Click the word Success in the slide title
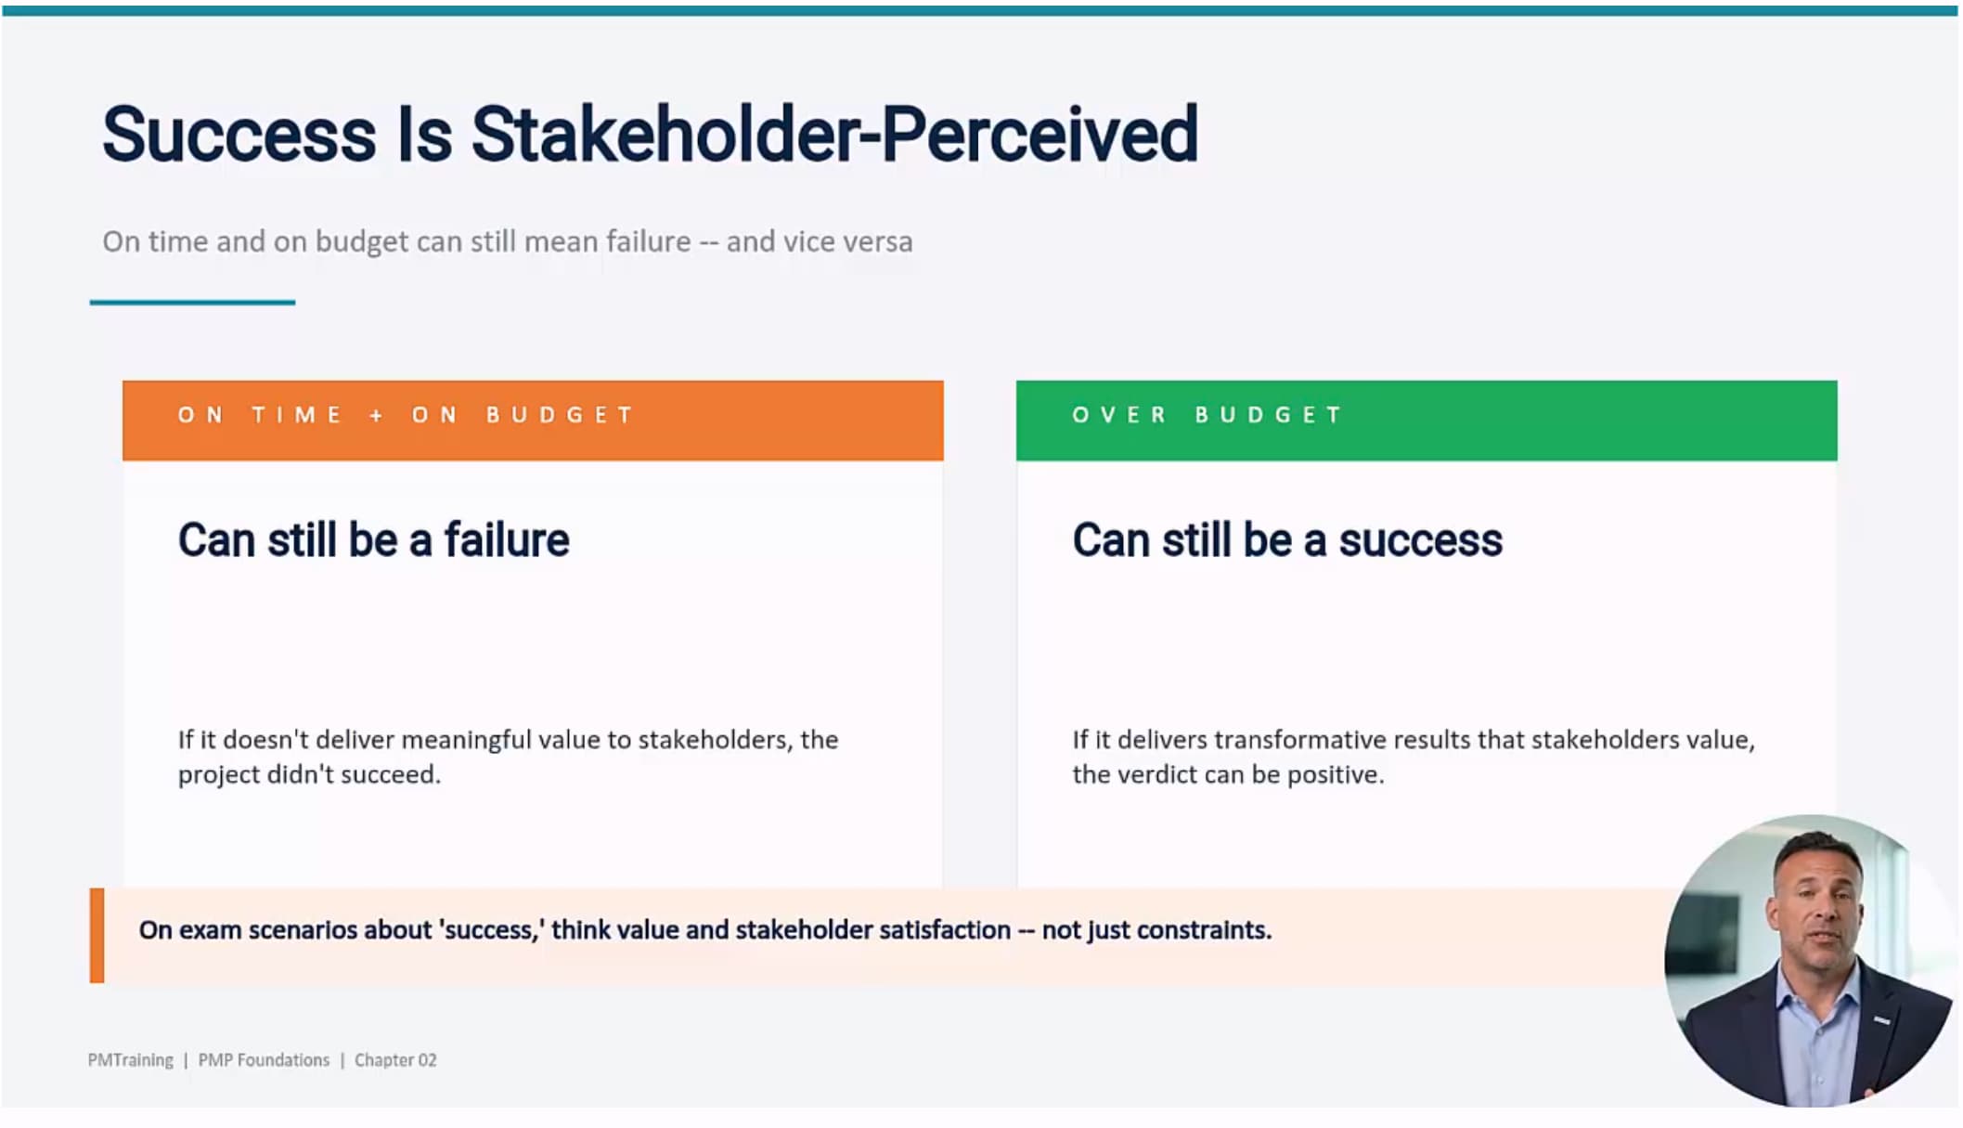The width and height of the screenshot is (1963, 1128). coord(239,135)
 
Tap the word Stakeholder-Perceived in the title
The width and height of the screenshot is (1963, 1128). coord(835,135)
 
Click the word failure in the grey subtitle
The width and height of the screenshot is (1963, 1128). coord(649,241)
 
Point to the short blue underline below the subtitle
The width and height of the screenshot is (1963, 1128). coord(192,302)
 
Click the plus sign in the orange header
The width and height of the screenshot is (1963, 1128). coord(376,415)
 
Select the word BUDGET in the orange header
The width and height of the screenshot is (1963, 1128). coord(560,415)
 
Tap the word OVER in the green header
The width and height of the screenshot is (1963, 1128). coord(1119,415)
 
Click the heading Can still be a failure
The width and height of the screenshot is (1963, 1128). coord(373,539)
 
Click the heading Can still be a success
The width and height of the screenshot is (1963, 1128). coord(1287,539)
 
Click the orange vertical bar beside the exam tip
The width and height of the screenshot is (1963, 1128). coord(97,936)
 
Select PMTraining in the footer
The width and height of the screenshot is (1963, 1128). coord(130,1060)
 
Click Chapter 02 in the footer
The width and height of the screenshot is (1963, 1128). coord(395,1060)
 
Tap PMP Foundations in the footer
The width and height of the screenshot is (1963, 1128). coord(264,1060)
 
